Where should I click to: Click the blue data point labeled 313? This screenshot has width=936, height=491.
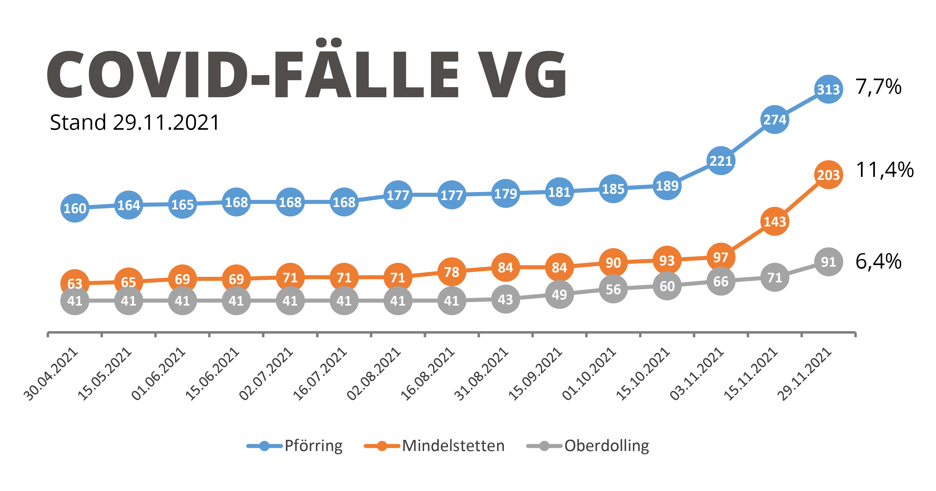[828, 89]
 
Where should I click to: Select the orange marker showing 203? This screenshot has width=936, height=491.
[828, 175]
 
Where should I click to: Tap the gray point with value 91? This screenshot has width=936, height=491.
[828, 262]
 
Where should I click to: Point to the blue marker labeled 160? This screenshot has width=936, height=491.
[75, 208]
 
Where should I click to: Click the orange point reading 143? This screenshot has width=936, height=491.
[774, 221]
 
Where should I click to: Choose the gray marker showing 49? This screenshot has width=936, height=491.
[559, 294]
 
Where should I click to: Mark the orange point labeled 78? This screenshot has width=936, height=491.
[452, 272]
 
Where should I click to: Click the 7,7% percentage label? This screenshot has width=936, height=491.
[878, 87]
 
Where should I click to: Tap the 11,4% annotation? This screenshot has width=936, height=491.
[885, 170]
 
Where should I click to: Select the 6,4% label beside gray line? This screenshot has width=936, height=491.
[878, 261]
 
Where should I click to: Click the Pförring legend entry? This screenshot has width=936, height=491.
[313, 446]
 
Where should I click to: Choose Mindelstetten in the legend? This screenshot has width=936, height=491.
[453, 446]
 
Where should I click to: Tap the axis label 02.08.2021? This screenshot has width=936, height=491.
[375, 374]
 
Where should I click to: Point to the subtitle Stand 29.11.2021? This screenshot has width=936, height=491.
[134, 122]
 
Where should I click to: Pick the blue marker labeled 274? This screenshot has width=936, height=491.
[774, 119]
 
